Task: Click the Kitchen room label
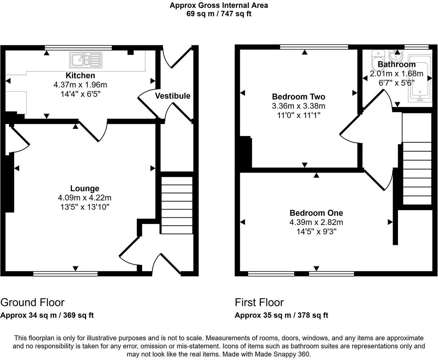tap(80, 76)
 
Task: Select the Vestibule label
tap(173, 96)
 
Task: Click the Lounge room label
tap(85, 188)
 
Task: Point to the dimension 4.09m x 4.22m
tap(85, 198)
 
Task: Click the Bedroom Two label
tap(298, 97)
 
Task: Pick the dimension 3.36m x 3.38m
tap(298, 106)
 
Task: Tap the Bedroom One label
tap(316, 213)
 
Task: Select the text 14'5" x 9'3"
tap(316, 231)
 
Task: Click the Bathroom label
tap(397, 65)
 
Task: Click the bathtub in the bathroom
tap(420, 78)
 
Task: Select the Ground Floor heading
tap(32, 302)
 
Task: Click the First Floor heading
tap(259, 302)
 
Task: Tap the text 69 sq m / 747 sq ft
tap(219, 14)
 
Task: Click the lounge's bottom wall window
tap(65, 274)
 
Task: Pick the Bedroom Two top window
tap(314, 46)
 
